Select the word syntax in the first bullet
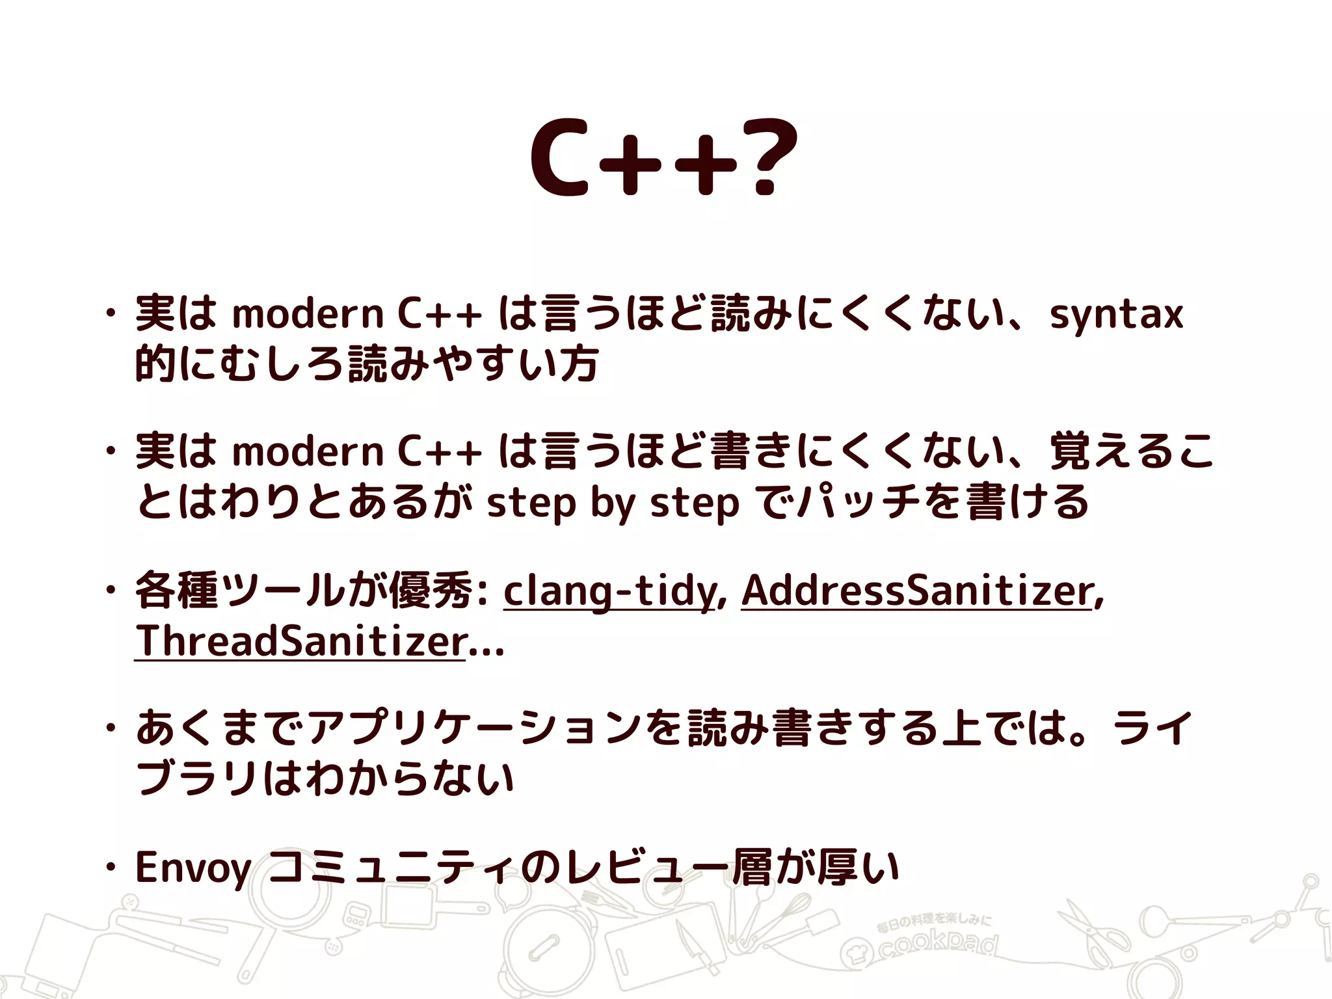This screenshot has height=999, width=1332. point(1116,314)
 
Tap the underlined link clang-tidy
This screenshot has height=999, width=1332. point(609,591)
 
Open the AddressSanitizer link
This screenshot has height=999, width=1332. point(916,591)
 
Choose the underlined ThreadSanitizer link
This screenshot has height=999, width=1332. point(300,641)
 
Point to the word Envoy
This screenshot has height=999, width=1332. point(193,868)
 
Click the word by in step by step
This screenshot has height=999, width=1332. point(611,503)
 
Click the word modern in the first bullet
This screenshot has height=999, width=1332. point(308,314)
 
